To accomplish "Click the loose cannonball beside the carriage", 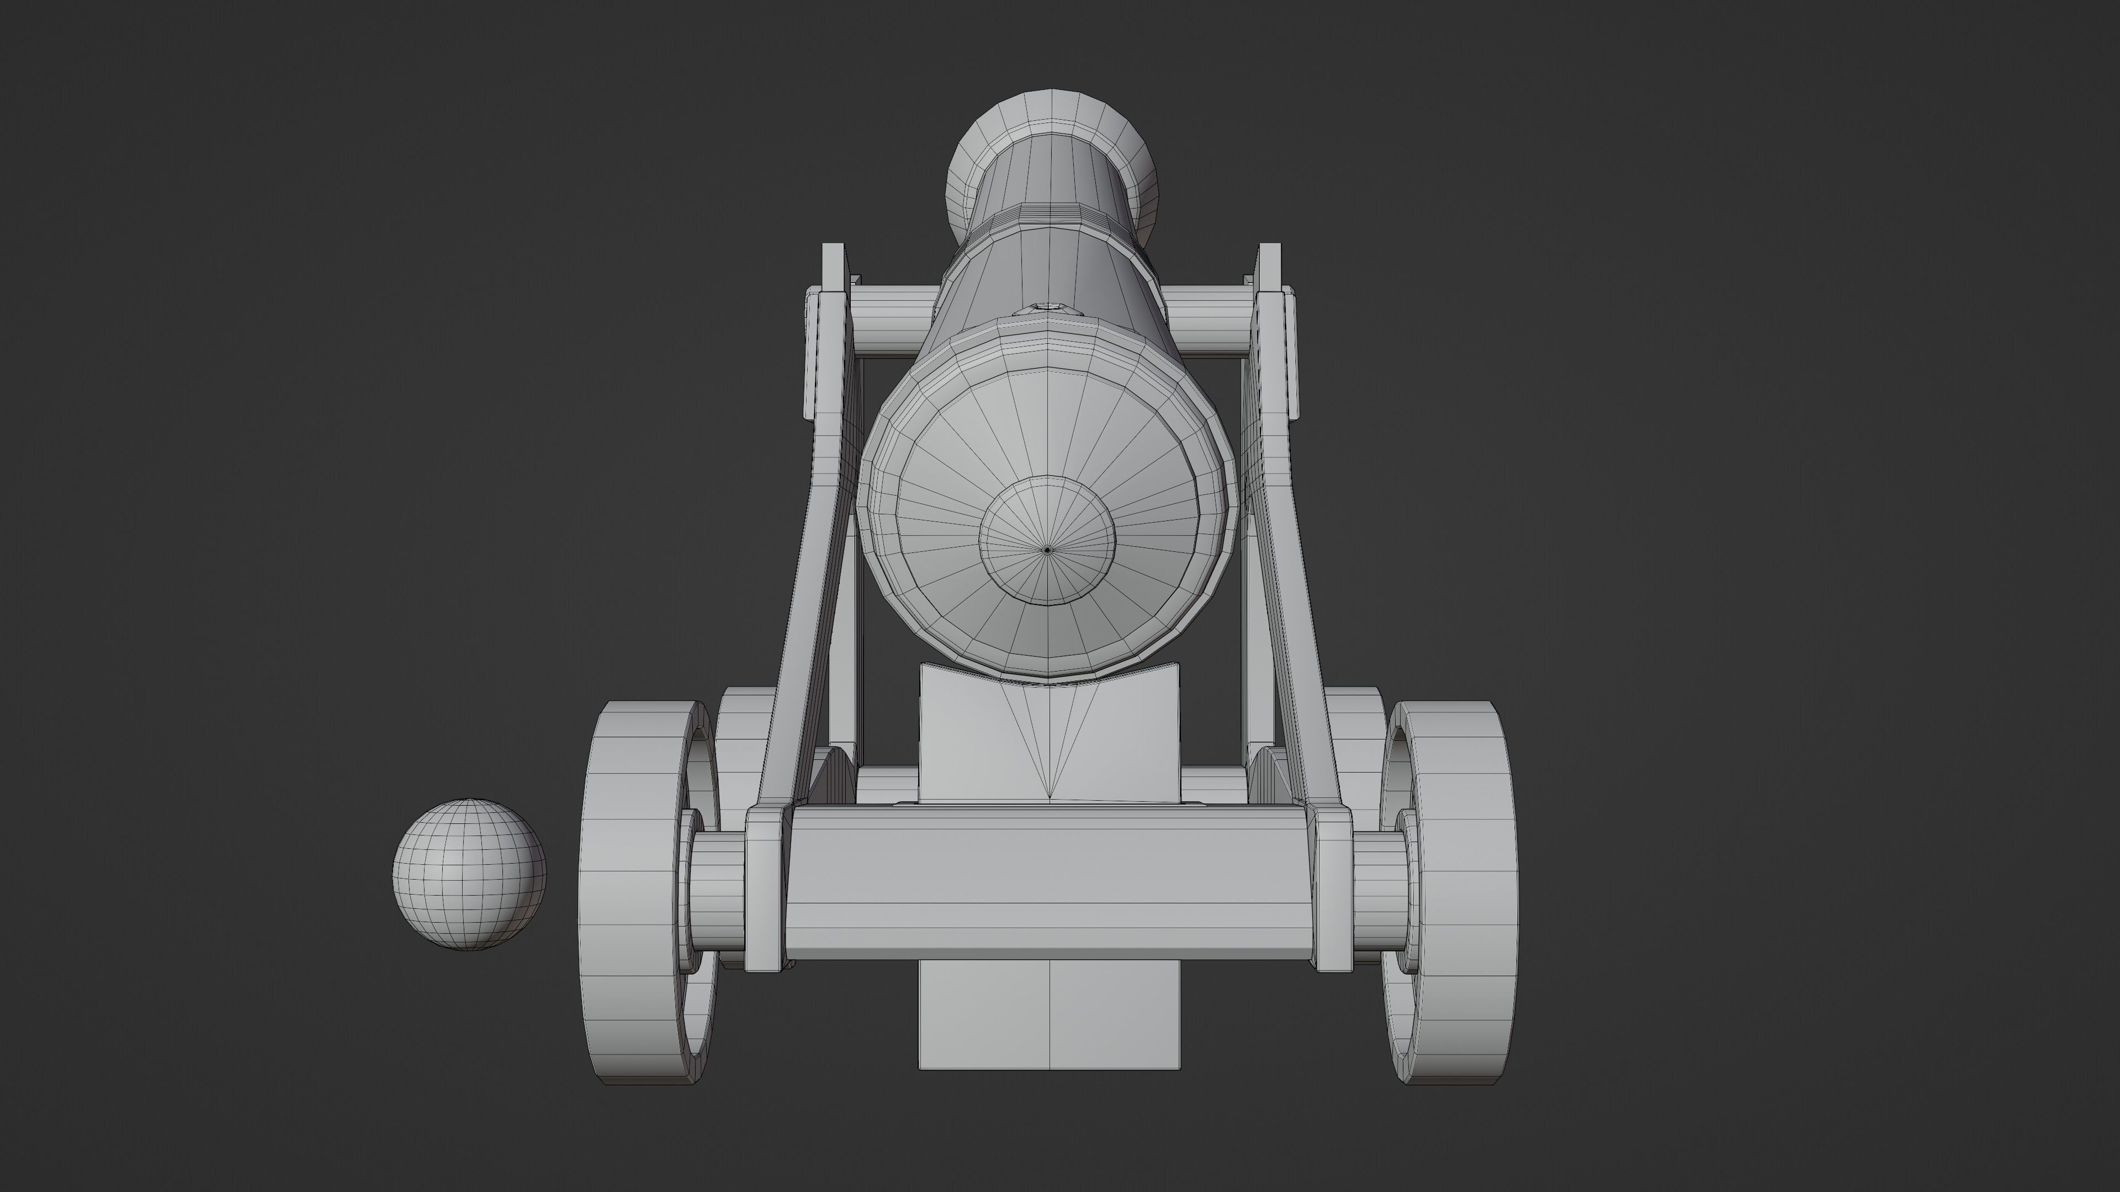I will (469, 875).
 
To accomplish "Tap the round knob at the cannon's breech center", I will (1047, 550).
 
